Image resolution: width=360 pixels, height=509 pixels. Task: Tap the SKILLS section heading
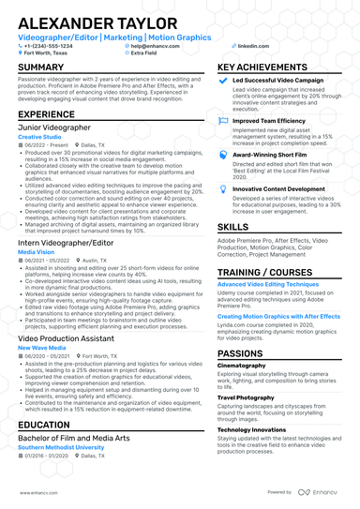(x=233, y=227)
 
